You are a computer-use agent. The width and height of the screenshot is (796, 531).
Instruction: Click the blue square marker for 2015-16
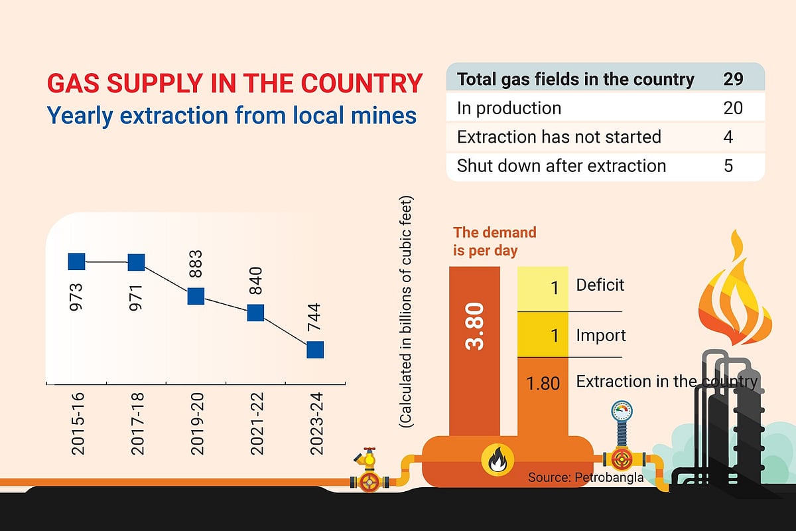pyautogui.click(x=77, y=262)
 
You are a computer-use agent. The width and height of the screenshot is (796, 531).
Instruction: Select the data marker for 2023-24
pyautogui.click(x=315, y=349)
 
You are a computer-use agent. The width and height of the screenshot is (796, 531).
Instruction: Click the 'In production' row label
pyautogui.click(x=509, y=108)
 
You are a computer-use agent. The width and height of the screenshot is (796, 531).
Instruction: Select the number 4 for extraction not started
pyautogui.click(x=728, y=137)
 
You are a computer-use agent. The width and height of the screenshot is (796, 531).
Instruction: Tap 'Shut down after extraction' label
pyautogui.click(x=561, y=165)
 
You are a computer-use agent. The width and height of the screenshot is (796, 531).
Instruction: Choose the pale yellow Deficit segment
pyautogui.click(x=543, y=289)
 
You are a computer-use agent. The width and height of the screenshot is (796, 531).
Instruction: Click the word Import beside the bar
pyautogui.click(x=601, y=335)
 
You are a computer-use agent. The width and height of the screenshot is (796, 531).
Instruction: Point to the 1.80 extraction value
pyautogui.click(x=543, y=383)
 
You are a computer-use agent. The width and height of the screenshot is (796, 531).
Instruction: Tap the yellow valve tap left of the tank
pyautogui.click(x=367, y=458)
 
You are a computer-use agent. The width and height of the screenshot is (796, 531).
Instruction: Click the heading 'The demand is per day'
pyautogui.click(x=495, y=242)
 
